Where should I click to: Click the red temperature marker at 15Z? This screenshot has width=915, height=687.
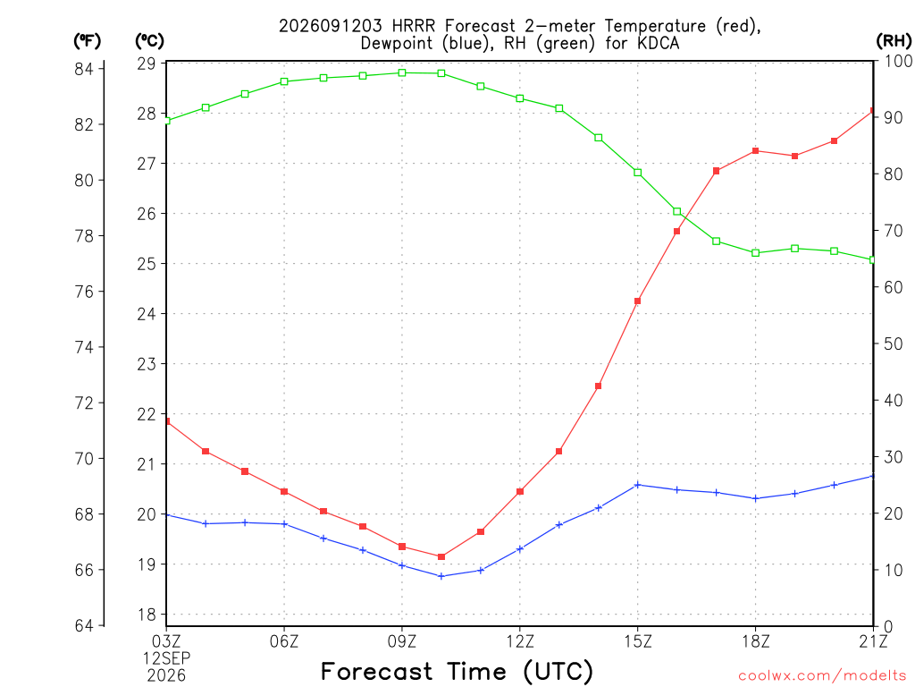(638, 301)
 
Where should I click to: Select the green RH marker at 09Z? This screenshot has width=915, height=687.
(402, 73)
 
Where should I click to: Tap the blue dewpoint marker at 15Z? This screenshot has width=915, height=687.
(638, 485)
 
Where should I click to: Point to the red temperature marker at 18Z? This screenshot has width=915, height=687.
(756, 150)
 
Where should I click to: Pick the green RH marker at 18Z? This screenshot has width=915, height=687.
(756, 253)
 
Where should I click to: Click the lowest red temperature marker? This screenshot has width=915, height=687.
(441, 556)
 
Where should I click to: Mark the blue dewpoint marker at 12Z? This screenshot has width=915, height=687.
(520, 549)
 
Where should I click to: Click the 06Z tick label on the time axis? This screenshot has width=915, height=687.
(284, 641)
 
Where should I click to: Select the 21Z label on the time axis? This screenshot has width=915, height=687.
(873, 641)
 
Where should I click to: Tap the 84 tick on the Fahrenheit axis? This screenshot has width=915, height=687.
(84, 69)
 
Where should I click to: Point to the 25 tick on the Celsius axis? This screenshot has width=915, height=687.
(147, 264)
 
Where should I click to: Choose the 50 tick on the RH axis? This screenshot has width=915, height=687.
(894, 344)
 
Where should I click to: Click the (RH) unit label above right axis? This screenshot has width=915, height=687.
(894, 40)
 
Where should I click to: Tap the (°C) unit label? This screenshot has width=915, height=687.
(149, 40)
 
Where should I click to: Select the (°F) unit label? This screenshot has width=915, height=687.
(87, 40)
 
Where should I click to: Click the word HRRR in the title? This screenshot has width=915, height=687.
(414, 26)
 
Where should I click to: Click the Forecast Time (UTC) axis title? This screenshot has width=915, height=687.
(457, 672)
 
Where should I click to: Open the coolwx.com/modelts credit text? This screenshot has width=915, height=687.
(822, 675)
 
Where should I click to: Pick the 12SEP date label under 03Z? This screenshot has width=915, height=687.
(167, 658)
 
